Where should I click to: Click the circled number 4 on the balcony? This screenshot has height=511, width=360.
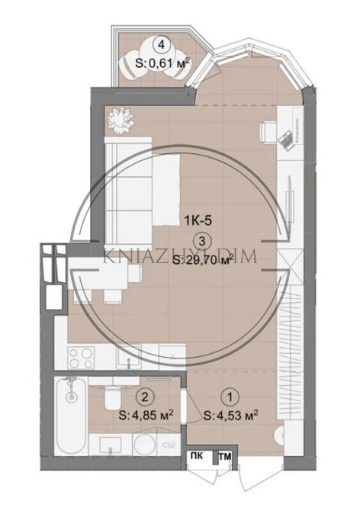(160, 43)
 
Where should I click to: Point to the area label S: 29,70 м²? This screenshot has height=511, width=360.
(202, 262)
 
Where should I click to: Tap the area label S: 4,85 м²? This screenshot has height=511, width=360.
(146, 416)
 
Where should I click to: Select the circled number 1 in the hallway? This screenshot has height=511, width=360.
(227, 396)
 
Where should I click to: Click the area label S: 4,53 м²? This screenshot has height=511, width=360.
(231, 416)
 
